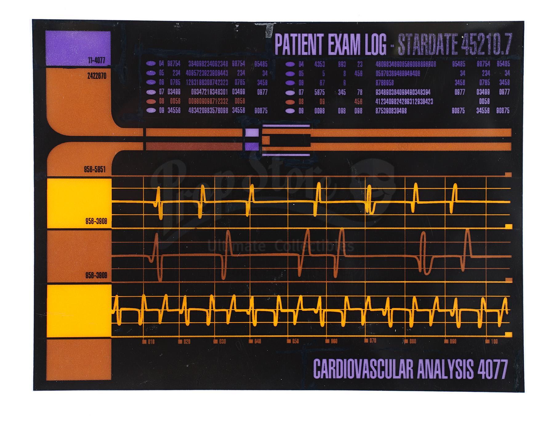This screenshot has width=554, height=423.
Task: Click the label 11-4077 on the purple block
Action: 96,60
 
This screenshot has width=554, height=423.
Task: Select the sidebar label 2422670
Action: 97,76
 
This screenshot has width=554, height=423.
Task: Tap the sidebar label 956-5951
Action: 95,169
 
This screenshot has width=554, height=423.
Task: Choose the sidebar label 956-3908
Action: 96,221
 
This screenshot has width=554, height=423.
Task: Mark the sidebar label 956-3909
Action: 96,275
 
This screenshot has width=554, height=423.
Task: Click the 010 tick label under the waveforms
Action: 151,342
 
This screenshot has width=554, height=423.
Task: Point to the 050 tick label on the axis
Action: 295,341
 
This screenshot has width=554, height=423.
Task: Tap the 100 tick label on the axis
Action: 494,341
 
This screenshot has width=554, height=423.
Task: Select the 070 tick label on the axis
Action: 373,341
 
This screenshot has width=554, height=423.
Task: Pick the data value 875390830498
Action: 391,111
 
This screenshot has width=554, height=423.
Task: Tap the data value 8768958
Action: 384,83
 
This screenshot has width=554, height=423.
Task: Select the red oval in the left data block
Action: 151,101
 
